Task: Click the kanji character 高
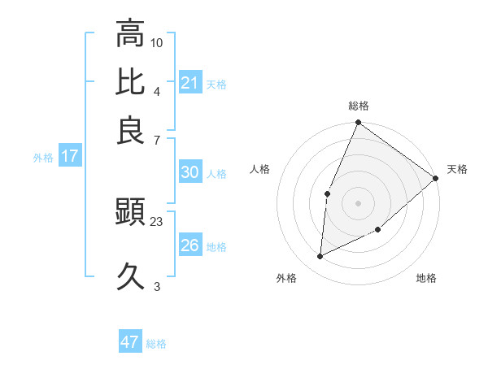[x=130, y=33]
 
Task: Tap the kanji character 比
[x=130, y=82]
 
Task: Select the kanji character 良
[x=130, y=131]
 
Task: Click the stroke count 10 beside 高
[x=157, y=41]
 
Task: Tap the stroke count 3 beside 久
[x=157, y=286]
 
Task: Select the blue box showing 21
[x=190, y=83]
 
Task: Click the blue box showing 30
[x=190, y=172]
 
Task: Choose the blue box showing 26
[x=190, y=245]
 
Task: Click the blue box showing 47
[x=130, y=342]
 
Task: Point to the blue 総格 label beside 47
[x=156, y=344]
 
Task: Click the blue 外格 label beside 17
[x=43, y=158]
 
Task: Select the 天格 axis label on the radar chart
[x=457, y=169]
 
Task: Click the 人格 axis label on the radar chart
[x=260, y=169]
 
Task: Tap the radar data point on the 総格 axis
[x=358, y=124]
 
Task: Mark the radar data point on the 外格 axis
[x=320, y=256]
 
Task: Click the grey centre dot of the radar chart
[x=358, y=202]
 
